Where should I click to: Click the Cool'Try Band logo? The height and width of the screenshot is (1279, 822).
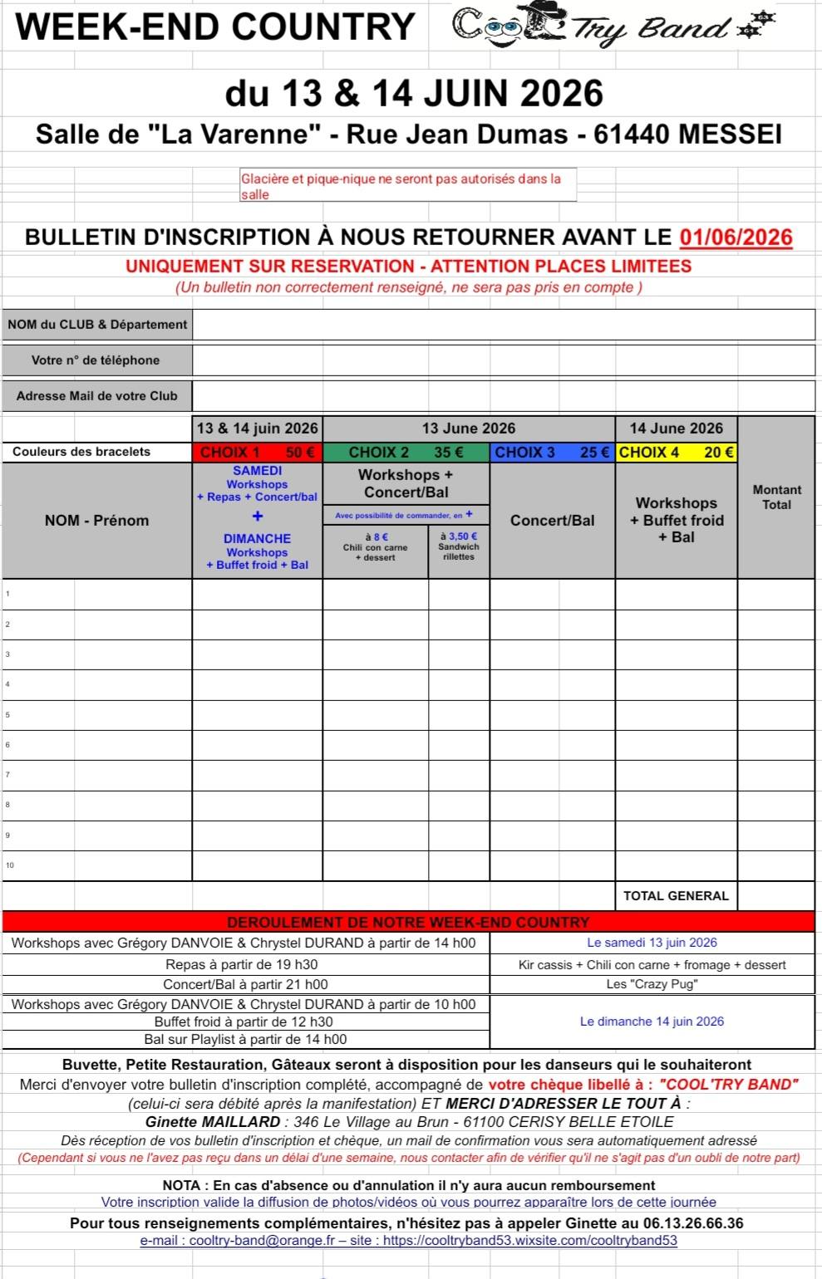point(613,27)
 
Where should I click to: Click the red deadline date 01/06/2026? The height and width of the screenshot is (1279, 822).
point(736,238)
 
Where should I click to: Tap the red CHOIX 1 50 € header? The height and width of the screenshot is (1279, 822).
point(258,453)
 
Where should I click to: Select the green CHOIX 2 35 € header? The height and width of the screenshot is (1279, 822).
point(406,453)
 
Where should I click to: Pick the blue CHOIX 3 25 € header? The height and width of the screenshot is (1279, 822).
point(552,453)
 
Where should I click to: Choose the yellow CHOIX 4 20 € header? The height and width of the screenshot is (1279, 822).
point(676,453)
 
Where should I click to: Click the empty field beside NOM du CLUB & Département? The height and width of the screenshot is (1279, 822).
point(503,325)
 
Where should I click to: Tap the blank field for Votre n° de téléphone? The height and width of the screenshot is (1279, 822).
point(503,360)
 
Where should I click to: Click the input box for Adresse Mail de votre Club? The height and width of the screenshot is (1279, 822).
point(503,396)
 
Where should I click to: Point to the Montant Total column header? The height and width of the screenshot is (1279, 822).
point(776,497)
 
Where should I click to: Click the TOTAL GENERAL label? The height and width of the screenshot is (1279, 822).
point(676,895)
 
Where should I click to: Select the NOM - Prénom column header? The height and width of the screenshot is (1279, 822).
point(97,521)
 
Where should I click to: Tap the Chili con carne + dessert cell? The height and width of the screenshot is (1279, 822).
point(375,547)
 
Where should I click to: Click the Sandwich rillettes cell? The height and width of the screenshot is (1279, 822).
point(459,546)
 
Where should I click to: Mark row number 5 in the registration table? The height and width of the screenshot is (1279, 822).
point(7,714)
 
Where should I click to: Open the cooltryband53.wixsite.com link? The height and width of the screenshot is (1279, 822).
point(529,1241)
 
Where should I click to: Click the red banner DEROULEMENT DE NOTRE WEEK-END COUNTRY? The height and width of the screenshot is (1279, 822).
point(408,922)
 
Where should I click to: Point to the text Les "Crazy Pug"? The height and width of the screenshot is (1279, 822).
point(652,984)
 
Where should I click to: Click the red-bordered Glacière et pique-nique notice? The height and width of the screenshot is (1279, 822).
point(408,186)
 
